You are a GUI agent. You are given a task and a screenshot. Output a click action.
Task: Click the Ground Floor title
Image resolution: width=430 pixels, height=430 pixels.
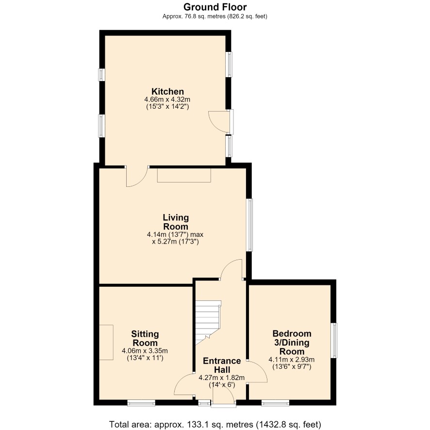tap(215, 7)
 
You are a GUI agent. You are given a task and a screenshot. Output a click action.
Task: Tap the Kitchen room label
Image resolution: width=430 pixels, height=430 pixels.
tap(167, 91)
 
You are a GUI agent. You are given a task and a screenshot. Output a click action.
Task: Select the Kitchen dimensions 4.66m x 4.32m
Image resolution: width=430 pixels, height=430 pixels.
tap(167, 99)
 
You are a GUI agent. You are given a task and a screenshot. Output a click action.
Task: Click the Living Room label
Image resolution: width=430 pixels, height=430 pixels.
tap(176, 222)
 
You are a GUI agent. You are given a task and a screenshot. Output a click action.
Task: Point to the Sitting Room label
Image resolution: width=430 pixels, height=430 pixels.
tap(145, 338)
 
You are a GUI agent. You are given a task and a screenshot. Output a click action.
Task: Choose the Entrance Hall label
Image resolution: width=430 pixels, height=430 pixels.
tap(222, 365)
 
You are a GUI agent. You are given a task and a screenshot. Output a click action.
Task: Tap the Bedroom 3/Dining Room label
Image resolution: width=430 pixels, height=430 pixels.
tap(292, 342)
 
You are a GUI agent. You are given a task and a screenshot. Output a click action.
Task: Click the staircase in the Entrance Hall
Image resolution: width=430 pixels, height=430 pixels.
tap(208, 322)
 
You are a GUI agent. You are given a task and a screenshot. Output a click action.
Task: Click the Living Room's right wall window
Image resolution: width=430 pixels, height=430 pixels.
tap(249, 225)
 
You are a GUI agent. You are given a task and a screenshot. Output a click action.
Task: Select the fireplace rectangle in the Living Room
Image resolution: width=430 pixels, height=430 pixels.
tap(184, 175)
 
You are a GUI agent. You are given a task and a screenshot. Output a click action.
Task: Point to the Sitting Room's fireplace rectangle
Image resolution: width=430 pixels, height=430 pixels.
tap(106, 342)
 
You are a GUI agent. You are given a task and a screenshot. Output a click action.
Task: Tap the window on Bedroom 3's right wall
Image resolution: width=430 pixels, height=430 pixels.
tap(334, 340)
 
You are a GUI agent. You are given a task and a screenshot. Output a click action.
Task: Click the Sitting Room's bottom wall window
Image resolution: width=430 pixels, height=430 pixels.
tap(141, 403)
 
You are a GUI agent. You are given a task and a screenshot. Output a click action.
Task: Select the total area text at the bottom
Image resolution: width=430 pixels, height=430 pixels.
tap(215, 424)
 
